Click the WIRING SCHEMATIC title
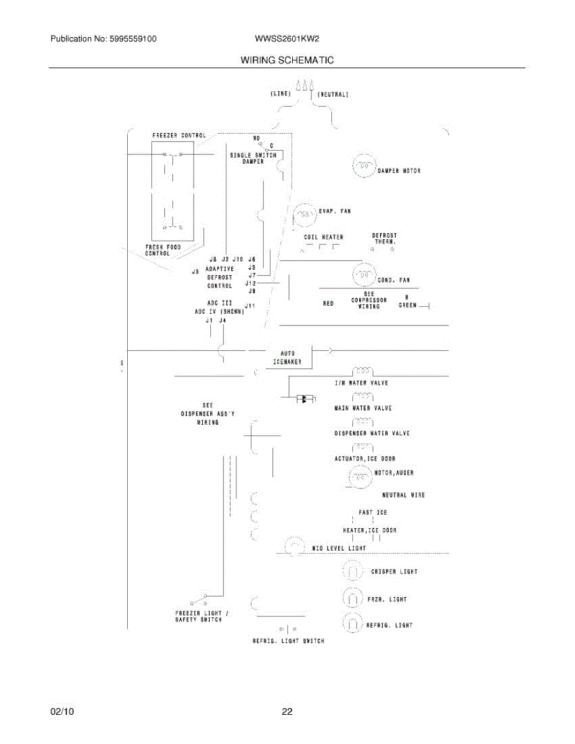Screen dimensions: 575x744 [x=287, y=60]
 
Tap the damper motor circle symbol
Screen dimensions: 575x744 [x=364, y=166]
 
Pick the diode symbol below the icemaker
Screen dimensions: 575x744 [x=304, y=399]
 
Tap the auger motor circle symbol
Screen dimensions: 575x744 [x=359, y=477]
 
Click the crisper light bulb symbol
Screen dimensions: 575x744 [x=352, y=571]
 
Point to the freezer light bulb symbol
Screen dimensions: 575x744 [x=352, y=598]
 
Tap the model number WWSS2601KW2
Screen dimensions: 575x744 [x=287, y=38]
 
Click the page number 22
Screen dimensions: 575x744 [x=287, y=712]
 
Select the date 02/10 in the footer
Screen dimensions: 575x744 [x=62, y=712]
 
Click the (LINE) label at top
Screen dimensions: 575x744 [x=280, y=94]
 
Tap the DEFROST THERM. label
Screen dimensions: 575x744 [x=385, y=238]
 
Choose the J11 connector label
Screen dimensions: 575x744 [x=251, y=306]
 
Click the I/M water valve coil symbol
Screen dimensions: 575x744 [x=362, y=371]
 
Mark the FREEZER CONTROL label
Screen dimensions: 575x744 [x=179, y=135]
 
